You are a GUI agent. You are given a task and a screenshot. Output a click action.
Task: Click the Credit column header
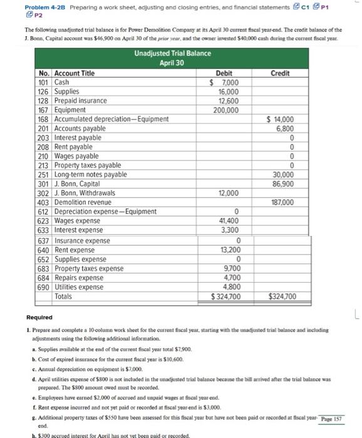pyautogui.click(x=279, y=73)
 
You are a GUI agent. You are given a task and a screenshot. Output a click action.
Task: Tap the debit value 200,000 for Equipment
pyautogui.click(x=225, y=110)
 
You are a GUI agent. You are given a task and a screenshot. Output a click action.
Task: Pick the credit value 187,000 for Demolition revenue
pyautogui.click(x=281, y=203)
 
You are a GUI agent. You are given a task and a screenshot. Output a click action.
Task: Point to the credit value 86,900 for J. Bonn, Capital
pyautogui.click(x=281, y=184)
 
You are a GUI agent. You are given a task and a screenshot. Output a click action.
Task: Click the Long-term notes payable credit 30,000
pyautogui.click(x=282, y=175)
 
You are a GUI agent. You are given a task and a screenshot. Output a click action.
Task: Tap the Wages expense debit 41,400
pyautogui.click(x=227, y=221)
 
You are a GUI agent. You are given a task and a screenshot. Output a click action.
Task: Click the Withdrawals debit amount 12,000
pyautogui.click(x=227, y=193)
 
